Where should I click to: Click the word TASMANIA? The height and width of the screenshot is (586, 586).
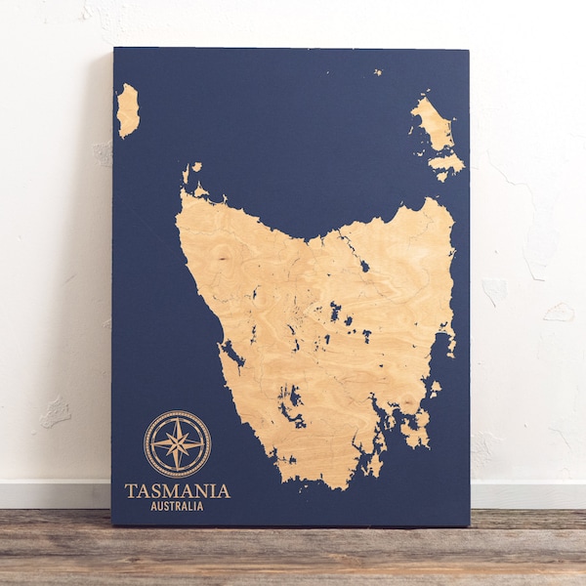(178, 490)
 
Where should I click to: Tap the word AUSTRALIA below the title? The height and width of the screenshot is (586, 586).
(178, 507)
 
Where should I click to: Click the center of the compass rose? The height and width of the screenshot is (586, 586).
(177, 443)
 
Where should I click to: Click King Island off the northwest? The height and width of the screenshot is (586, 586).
(127, 109)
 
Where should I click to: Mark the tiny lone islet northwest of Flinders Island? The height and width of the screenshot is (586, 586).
(377, 71)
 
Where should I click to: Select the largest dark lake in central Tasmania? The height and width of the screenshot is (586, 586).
(335, 312)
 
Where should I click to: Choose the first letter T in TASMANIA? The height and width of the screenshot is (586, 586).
(130, 490)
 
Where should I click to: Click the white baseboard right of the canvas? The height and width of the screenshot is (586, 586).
(527, 493)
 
